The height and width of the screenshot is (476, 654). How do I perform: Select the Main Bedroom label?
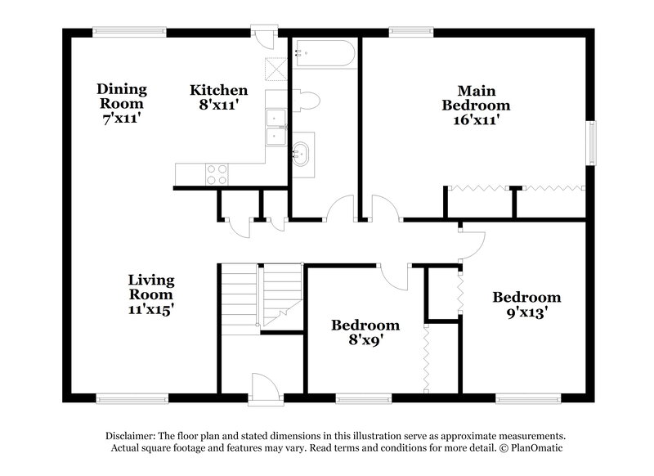pos(476,105)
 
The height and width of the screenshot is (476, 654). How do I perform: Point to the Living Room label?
pos(150,294)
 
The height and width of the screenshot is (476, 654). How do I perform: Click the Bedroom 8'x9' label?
pos(365,332)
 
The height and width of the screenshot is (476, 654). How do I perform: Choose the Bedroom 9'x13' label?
pos(526,303)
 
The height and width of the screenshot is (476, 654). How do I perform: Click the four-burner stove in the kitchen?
pos(217,173)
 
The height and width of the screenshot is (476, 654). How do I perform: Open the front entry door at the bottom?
pos(264,388)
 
